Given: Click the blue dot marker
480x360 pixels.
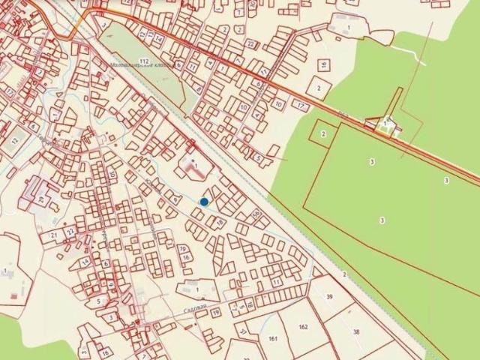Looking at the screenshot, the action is (204, 201).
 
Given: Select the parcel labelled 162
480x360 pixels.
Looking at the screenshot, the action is (303, 327).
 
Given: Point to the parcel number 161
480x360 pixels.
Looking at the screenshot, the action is (273, 339).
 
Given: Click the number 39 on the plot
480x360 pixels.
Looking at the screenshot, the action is (329, 297).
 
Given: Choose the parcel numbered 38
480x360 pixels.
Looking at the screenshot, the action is (355, 331).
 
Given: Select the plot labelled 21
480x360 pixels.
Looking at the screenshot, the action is (54, 235).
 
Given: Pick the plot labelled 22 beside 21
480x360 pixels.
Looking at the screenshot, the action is (70, 232).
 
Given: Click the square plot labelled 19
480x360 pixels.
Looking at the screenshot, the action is (216, 312).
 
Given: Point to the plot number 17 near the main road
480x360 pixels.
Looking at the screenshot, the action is (300, 106).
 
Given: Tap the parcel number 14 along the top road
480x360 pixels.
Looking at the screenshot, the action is (160, 37).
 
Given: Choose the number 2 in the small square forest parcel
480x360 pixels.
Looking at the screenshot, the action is (323, 133).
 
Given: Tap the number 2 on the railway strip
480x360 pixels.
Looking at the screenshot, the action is (344, 274).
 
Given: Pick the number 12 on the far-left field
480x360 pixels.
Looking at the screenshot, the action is (15, 141).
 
